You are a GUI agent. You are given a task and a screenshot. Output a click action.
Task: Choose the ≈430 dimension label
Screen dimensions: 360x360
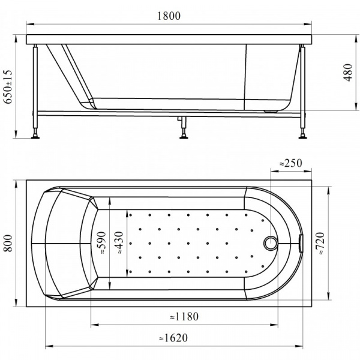[x=120, y=244]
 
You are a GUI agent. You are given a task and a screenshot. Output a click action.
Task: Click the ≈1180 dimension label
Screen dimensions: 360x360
[x=184, y=317]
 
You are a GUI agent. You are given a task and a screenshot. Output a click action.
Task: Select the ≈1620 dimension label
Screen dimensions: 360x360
[x=174, y=338]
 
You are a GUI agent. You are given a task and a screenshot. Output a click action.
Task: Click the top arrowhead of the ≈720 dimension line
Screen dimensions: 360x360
[x=328, y=187]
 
